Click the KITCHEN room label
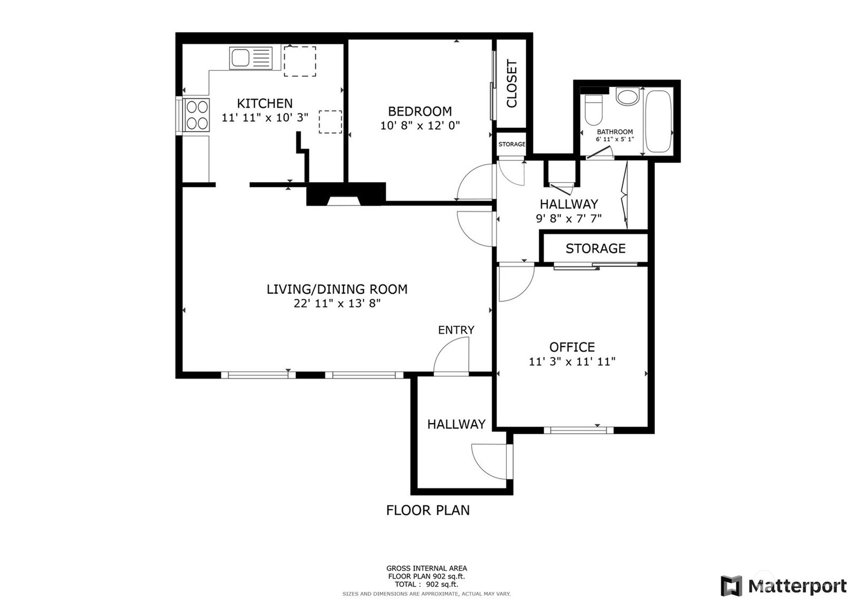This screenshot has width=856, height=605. [x=264, y=103]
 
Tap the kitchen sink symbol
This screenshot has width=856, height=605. [x=251, y=58]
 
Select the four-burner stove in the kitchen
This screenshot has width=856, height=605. [x=197, y=114]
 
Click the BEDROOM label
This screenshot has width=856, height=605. [x=419, y=111]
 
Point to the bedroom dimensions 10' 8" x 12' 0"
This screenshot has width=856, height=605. [x=419, y=125]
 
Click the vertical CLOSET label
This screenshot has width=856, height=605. [x=511, y=83]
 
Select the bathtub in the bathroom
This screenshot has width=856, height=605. [x=658, y=121]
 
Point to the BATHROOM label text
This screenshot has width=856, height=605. [x=615, y=132]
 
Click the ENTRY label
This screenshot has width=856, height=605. [x=456, y=330]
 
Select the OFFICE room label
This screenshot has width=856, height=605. [x=572, y=347]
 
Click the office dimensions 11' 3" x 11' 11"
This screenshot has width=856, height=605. [x=572, y=362]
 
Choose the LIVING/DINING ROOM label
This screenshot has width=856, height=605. [x=337, y=289]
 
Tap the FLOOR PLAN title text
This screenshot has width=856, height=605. [x=427, y=510]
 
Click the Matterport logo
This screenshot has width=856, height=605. [x=783, y=586]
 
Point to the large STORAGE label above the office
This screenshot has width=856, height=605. [x=595, y=248]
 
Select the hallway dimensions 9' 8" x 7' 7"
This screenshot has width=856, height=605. [x=569, y=219]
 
